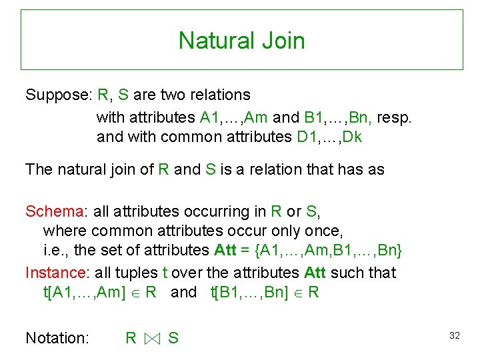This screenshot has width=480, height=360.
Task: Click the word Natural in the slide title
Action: [211, 41]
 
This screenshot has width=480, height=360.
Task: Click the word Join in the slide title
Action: [283, 41]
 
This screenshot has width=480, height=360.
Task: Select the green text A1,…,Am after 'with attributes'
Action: [233, 118]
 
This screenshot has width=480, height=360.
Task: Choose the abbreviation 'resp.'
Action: [395, 118]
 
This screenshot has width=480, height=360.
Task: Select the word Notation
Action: [57, 338]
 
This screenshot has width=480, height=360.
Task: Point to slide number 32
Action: [455, 335]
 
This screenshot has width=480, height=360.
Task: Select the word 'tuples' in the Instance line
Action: [137, 273]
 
